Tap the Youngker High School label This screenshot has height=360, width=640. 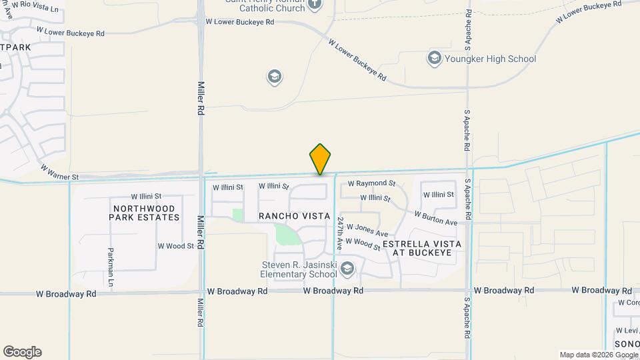tap(490, 59)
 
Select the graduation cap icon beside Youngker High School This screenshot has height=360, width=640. tap(435, 59)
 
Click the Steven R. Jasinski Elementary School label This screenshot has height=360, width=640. tap(299, 269)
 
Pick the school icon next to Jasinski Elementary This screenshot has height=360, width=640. tap(347, 269)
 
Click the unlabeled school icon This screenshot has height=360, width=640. tap(273, 77)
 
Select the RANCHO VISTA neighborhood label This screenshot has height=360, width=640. tap(294, 216)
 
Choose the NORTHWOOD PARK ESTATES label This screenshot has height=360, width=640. tap(145, 213)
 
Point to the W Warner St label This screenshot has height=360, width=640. tap(59, 173)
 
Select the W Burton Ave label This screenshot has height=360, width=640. tap(436, 218)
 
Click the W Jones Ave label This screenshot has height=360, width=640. tap(367, 231)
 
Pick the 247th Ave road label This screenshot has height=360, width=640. tap(340, 233)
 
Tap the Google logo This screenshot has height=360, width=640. tap(22, 352)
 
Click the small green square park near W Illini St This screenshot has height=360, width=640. tap(237, 215)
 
